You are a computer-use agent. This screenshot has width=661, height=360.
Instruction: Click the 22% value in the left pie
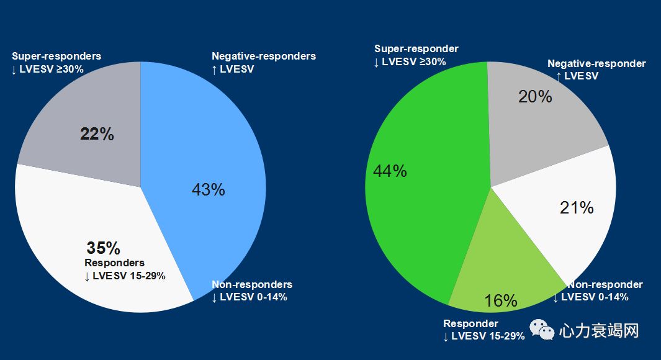(x=97, y=134)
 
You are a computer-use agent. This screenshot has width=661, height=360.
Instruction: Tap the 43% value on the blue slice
(x=208, y=189)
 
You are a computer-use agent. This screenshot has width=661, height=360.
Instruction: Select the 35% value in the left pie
(x=103, y=248)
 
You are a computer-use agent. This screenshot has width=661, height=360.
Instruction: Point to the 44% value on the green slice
(x=390, y=171)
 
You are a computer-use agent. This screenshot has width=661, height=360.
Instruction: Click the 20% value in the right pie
(x=534, y=96)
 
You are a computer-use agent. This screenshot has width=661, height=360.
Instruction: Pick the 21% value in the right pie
(x=577, y=208)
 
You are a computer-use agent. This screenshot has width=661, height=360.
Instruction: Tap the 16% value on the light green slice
(x=500, y=301)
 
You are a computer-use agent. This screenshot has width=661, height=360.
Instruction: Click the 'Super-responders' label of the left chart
(x=56, y=56)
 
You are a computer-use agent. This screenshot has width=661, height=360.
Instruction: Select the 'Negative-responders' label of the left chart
(x=264, y=56)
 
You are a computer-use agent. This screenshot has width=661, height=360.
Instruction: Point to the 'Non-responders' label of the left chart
(x=252, y=285)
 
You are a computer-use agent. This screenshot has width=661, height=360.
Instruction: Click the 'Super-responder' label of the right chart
(x=416, y=49)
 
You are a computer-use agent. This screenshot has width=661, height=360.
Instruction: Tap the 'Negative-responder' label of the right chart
(x=596, y=64)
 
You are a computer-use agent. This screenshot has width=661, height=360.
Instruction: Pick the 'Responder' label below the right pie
(x=470, y=324)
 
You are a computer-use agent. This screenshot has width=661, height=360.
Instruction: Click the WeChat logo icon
(x=538, y=330)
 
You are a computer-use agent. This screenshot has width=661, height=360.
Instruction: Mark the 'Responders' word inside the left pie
(x=114, y=263)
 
